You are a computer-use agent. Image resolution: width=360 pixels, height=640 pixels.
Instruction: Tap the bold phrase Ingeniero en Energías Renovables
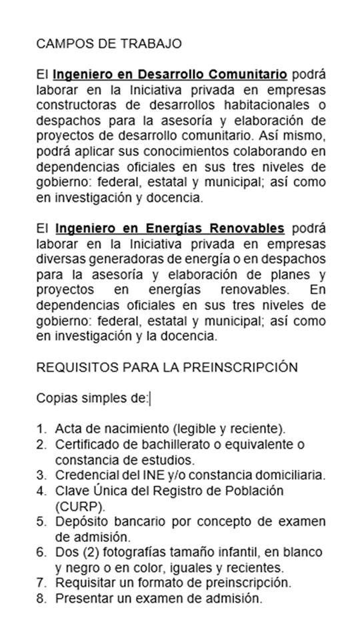pos(169,228)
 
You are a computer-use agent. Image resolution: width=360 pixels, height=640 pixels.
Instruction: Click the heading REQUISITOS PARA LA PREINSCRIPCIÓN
pos(166,367)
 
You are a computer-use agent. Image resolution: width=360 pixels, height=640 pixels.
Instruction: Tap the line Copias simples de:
pos(93,399)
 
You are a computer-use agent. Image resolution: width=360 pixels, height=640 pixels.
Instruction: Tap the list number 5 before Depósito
pos(41,521)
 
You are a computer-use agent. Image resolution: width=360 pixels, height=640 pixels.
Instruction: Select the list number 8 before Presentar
pos(41,599)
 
